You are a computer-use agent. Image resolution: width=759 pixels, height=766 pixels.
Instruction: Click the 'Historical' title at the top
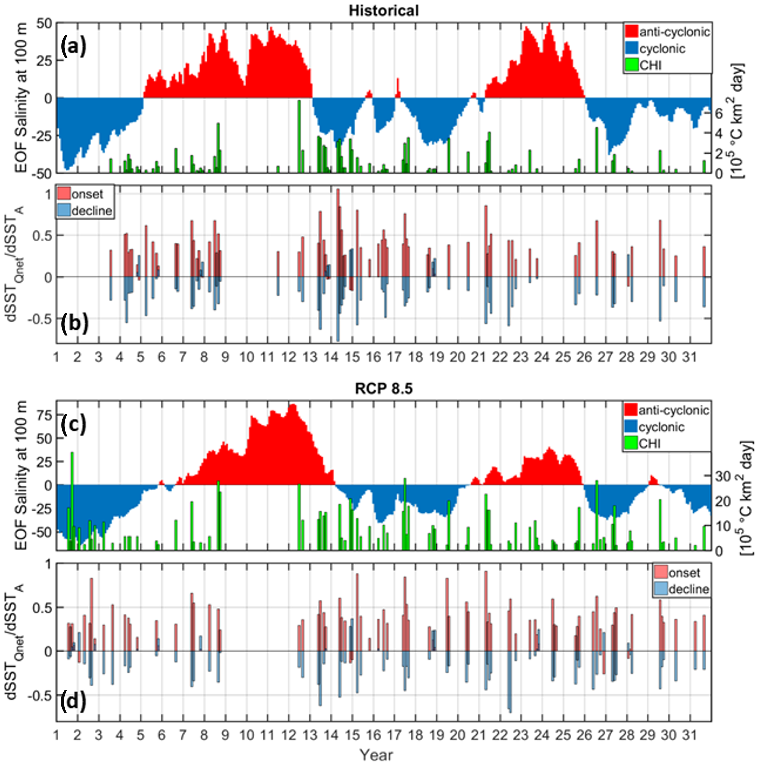point(384,10)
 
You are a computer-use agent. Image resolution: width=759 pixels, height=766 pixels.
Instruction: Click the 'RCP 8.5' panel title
point(384,389)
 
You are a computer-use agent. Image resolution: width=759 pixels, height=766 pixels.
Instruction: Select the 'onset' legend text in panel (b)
point(87,194)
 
